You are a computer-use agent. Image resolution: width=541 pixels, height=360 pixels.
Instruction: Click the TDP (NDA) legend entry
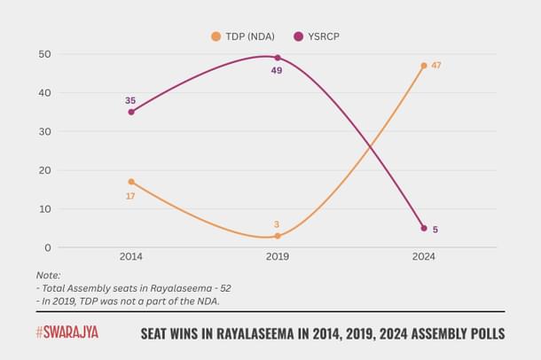click(x=240, y=36)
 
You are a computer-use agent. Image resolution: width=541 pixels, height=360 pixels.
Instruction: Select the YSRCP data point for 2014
click(x=130, y=112)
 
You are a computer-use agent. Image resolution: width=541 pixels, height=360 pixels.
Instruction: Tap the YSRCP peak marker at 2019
click(x=278, y=58)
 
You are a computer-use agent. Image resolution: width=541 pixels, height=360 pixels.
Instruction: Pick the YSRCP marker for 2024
click(x=424, y=228)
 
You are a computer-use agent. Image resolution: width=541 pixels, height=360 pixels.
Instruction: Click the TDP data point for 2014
click(x=130, y=182)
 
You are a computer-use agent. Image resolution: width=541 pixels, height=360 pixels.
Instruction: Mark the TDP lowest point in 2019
click(x=278, y=236)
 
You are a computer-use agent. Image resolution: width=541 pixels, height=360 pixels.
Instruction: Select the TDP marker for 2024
click(x=424, y=66)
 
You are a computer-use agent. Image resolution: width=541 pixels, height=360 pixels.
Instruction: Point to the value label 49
click(x=277, y=70)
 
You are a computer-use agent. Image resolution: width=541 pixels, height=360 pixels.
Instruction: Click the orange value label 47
click(x=436, y=66)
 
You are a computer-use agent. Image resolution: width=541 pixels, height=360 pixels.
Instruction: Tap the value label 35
click(x=130, y=100)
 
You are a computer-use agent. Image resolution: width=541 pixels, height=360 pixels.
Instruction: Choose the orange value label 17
click(x=130, y=195)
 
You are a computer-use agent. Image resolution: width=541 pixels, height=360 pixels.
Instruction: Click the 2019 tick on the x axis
click(x=278, y=256)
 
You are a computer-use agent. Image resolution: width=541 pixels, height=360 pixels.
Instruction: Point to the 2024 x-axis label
click(x=424, y=256)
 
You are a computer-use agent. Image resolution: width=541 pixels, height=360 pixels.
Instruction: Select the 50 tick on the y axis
click(x=43, y=54)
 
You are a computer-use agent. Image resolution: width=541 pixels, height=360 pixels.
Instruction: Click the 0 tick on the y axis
click(x=47, y=247)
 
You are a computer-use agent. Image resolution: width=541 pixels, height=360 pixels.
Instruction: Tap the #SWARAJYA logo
click(x=67, y=333)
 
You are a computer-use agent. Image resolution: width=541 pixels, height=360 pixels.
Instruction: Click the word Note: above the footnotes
click(x=49, y=274)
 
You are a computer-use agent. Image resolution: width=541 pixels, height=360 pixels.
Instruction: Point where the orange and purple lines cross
click(x=368, y=147)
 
